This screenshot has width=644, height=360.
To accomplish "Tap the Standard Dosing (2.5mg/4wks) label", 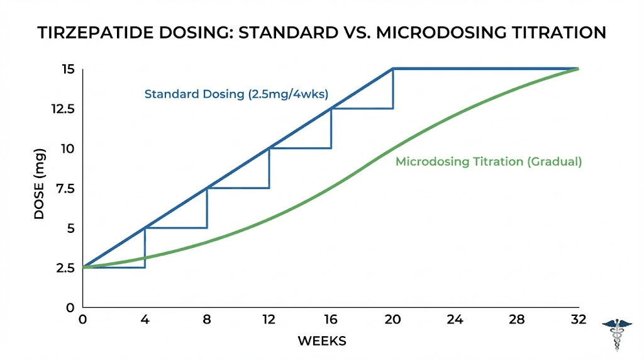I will point(236,94).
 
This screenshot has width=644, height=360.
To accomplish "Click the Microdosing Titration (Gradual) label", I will point(489,162).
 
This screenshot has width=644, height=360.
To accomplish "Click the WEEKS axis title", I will point(321,341).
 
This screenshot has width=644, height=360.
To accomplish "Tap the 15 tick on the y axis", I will point(68,69).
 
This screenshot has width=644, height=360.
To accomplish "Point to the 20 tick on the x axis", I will point(393,320).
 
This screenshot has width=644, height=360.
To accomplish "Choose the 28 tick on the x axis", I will point(516,320).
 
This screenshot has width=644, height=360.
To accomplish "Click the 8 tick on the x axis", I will point(207,320).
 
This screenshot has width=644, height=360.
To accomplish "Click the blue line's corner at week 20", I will point(393,69).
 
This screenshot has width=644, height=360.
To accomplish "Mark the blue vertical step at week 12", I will point(269,168).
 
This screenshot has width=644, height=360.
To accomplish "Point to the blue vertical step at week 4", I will point(145,248).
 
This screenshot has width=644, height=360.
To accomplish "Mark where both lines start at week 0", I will point(83,267).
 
